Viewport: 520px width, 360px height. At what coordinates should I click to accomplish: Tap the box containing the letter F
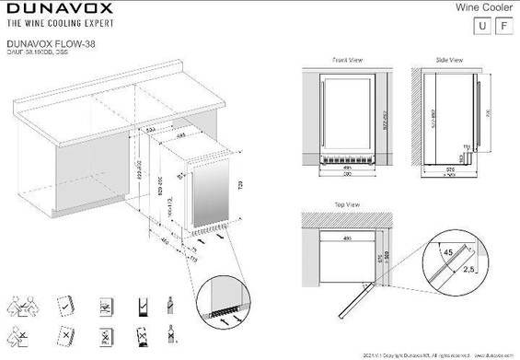point(503,26)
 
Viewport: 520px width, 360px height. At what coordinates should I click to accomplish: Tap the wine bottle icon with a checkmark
point(170,304)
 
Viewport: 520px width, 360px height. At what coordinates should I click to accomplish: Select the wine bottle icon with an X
point(170,333)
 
